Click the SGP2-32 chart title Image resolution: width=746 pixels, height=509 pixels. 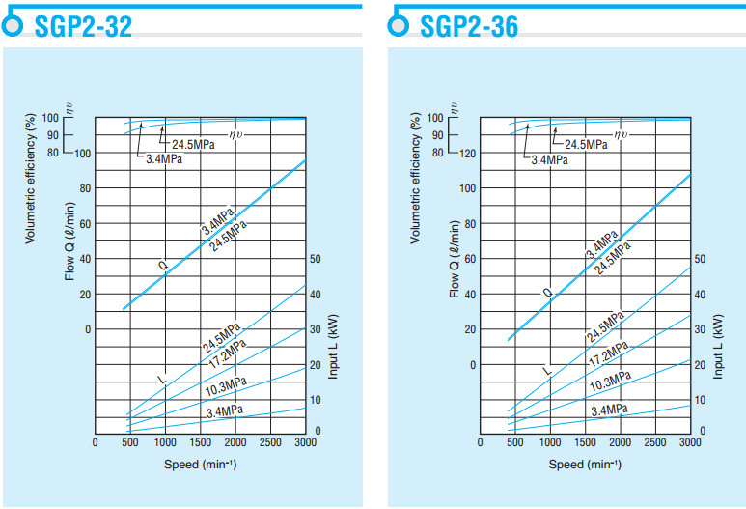(83, 26)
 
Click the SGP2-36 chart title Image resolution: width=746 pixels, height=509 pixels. (469, 26)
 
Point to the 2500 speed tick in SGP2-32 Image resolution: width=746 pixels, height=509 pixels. (271, 442)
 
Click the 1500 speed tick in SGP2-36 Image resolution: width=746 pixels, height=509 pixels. (586, 442)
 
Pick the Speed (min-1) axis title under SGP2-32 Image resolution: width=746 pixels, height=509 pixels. (200, 464)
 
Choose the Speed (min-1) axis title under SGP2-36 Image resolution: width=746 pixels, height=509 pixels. (585, 464)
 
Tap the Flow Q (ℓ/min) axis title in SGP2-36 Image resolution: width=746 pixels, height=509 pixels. (455, 257)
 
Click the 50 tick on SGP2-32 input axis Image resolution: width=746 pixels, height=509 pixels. (315, 259)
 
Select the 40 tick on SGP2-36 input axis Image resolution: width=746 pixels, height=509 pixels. (700, 295)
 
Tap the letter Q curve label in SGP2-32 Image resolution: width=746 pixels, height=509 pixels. (162, 263)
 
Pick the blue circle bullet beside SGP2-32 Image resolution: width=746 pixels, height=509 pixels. (12, 26)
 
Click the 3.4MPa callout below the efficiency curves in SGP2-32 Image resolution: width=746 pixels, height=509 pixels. (164, 159)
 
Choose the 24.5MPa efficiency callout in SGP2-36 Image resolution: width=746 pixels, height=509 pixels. (586, 144)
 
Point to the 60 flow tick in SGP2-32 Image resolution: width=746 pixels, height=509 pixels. (85, 223)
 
